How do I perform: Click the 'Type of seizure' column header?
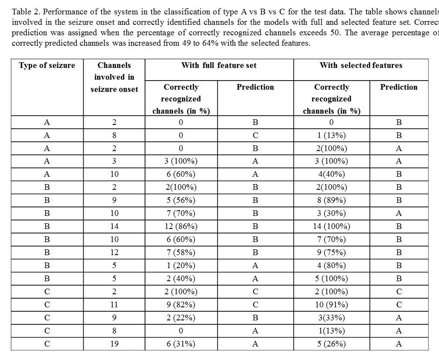click(x=47, y=65)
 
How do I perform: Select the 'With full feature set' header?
click(x=219, y=65)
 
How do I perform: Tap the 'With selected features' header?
click(x=361, y=65)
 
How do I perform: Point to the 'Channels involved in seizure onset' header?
click(x=114, y=77)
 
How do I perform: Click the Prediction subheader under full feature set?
click(x=255, y=87)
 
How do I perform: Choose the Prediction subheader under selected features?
click(x=399, y=87)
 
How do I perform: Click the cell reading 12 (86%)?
click(x=181, y=226)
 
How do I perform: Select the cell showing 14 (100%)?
click(x=332, y=226)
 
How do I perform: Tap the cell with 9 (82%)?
click(x=181, y=305)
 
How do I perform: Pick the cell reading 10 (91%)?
click(x=332, y=305)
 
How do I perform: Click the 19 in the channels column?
click(x=114, y=344)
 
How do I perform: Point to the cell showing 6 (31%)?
click(x=181, y=344)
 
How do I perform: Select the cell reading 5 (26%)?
click(x=332, y=344)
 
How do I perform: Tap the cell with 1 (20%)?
click(x=181, y=266)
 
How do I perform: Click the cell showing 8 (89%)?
click(x=332, y=200)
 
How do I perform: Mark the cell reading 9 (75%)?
click(x=332, y=252)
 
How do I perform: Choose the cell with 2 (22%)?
click(x=181, y=318)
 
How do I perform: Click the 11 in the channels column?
click(x=114, y=305)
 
